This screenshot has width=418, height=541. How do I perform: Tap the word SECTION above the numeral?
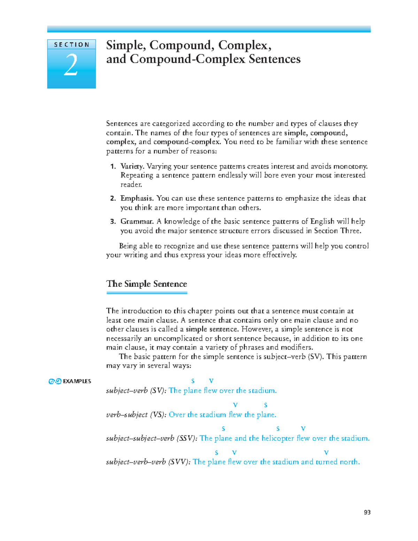(x=71, y=45)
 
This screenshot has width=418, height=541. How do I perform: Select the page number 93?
(x=367, y=512)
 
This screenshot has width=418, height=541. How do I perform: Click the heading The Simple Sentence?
(x=147, y=284)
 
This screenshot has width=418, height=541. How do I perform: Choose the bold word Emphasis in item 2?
(x=137, y=198)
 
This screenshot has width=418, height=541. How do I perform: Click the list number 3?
(x=113, y=222)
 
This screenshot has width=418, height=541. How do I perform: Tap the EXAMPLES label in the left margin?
(x=77, y=381)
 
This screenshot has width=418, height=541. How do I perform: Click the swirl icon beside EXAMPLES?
(x=55, y=381)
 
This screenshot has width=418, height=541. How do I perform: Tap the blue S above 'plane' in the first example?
(x=193, y=381)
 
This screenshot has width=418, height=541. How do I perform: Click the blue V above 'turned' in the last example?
(x=326, y=453)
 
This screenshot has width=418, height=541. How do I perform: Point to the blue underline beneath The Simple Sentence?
(x=147, y=293)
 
